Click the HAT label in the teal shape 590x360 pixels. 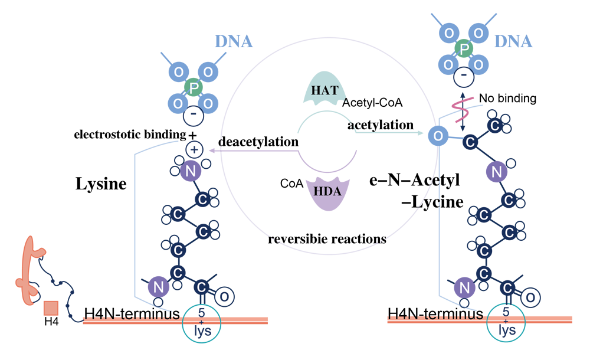324,90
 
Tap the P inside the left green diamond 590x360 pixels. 195,88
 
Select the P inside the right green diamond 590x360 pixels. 464,48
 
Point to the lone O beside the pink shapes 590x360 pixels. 437,136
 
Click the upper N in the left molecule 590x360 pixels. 190,171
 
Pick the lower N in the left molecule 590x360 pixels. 158,287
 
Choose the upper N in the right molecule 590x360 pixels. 496,172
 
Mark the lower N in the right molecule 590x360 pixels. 464,289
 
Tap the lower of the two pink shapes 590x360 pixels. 459,121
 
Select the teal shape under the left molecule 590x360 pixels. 201,322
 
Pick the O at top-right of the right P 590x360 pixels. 479,33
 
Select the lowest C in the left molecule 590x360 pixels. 201,287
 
